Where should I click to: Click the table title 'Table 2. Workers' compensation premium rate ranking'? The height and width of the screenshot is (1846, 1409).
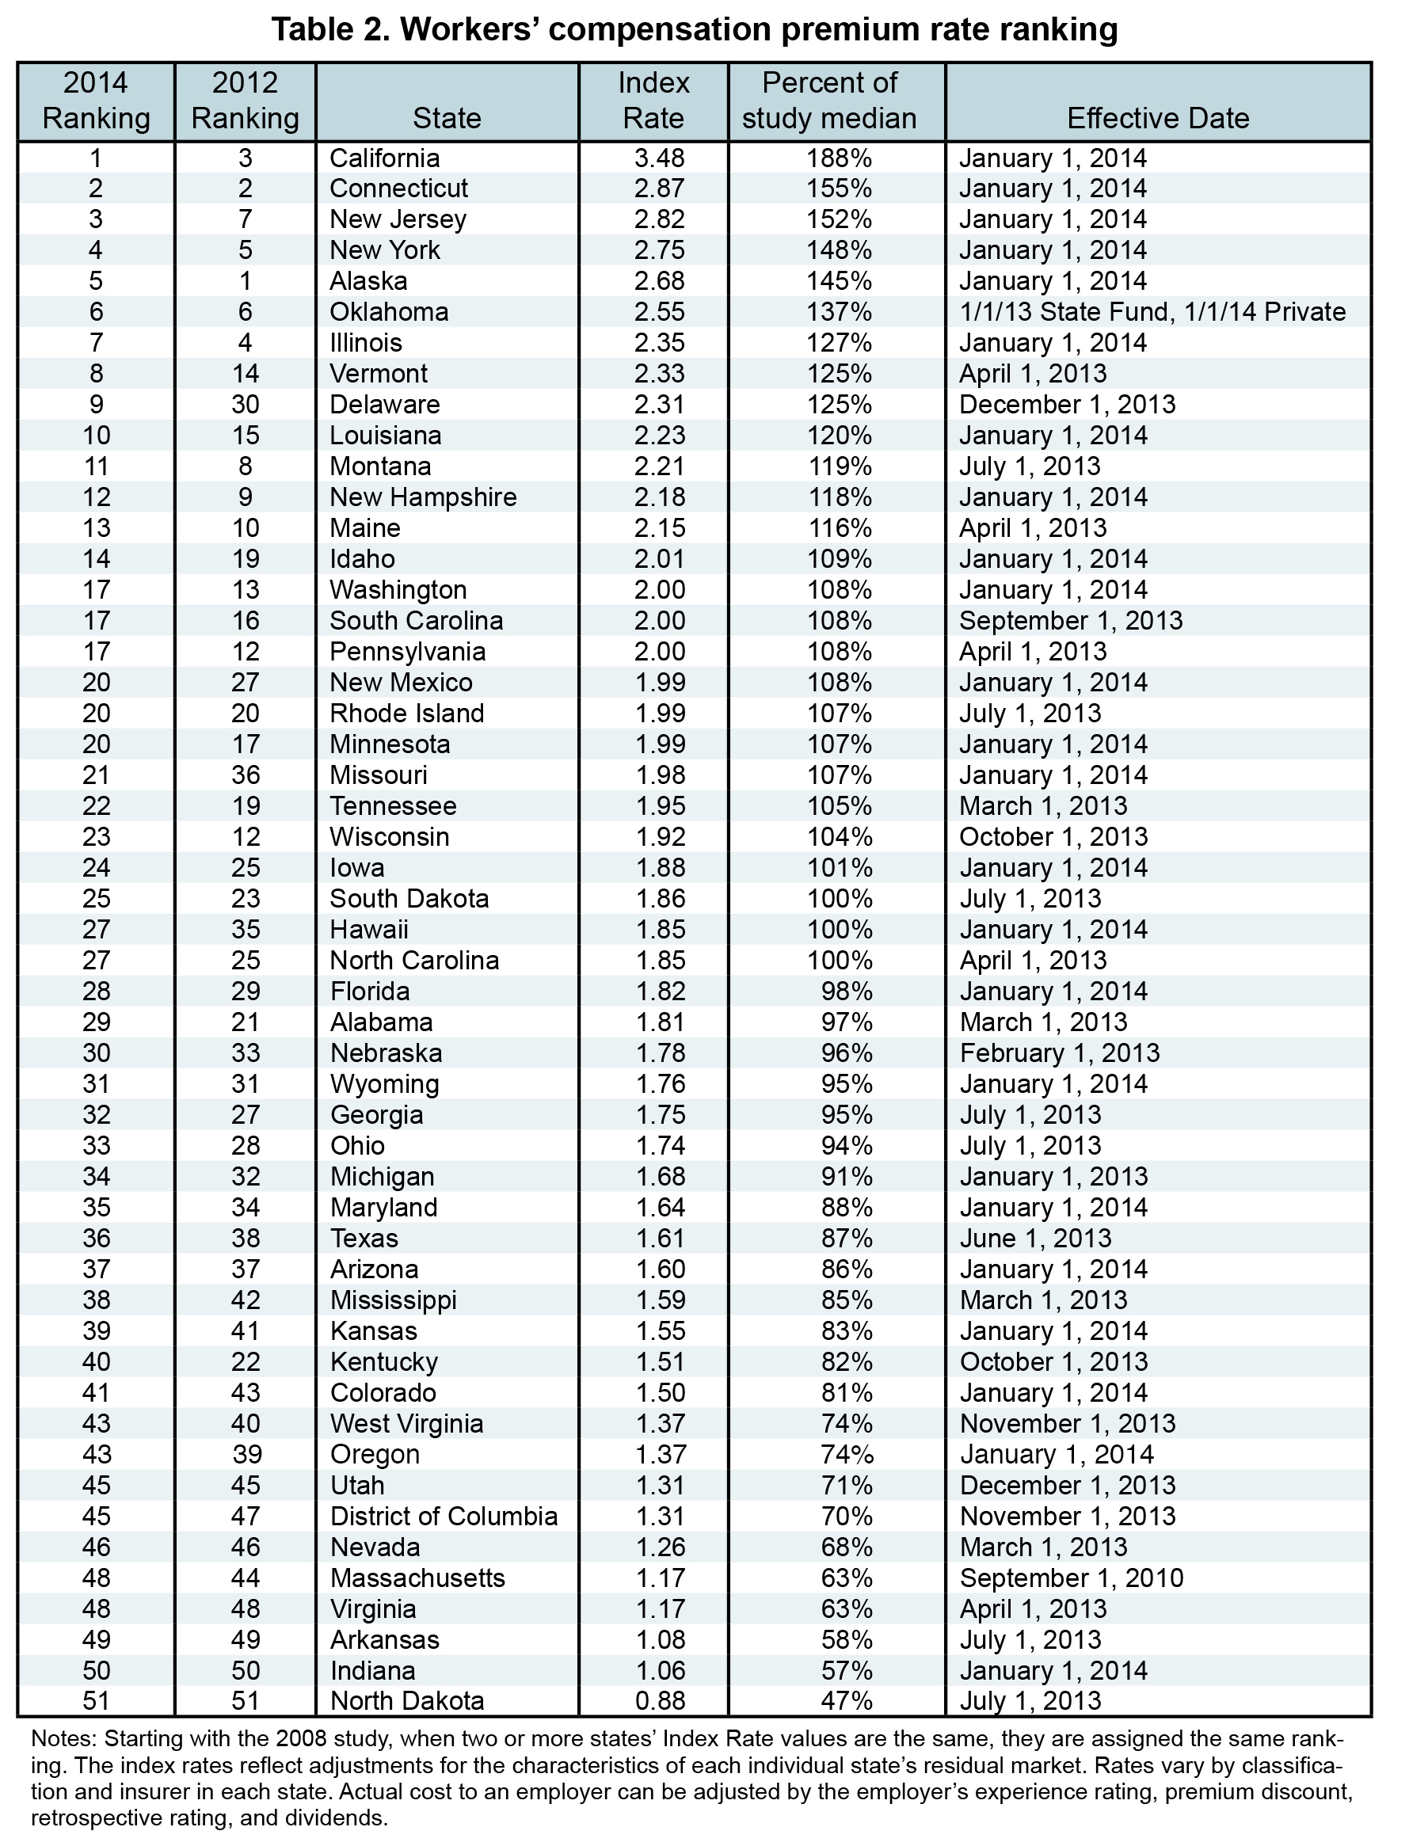695,29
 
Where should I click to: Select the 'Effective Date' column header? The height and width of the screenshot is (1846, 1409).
1157,118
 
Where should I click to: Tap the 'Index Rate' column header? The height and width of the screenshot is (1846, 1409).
653,101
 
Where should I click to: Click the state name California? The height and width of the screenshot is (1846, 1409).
384,158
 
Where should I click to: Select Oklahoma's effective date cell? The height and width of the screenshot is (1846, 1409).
1152,312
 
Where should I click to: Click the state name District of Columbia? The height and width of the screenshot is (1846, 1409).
444,1517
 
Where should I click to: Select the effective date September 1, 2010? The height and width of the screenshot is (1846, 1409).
1071,1578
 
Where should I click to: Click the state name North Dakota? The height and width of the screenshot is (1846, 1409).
407,1702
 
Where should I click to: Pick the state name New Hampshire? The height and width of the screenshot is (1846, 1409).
423,497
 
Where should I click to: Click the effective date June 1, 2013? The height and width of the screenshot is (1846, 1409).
1035,1238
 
